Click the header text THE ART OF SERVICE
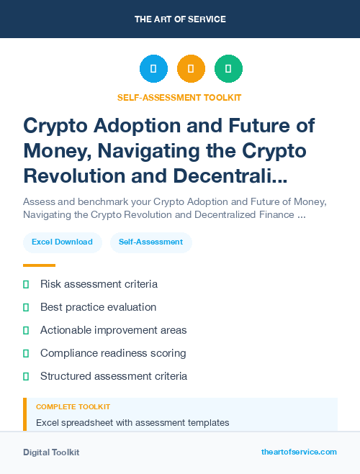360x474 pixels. [x=180, y=19]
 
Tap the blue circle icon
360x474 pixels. [x=153, y=69]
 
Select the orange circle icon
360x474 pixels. [x=191, y=69]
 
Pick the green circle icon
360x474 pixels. [x=228, y=69]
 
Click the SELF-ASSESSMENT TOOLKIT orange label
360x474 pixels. [x=179, y=97]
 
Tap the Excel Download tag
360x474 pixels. [x=62, y=242]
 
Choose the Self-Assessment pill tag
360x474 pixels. [x=151, y=242]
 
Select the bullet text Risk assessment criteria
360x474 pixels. [x=99, y=284]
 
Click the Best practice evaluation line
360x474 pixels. [x=98, y=307]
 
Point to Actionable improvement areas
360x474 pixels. [x=113, y=330]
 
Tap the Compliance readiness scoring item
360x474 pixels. [x=113, y=353]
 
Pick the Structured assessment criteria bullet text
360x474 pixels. [x=114, y=376]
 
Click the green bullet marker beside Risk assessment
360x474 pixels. [x=26, y=285]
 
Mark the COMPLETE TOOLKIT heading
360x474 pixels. [x=73, y=407]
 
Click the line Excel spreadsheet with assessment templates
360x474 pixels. [x=132, y=422]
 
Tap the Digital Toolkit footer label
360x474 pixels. [x=51, y=452]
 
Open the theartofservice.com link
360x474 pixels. [x=299, y=452]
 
